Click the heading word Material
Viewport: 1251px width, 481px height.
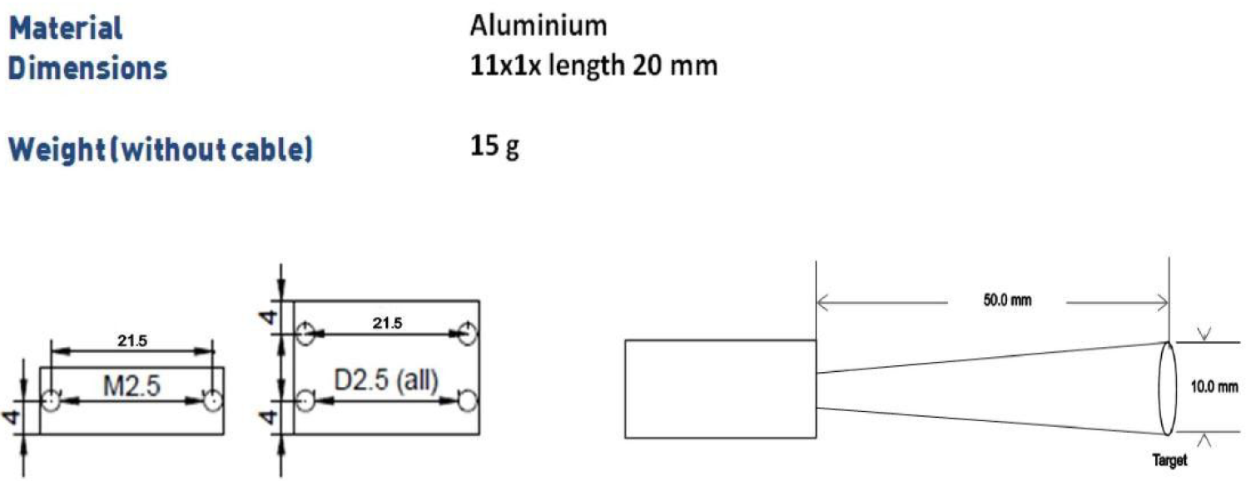[x=66, y=28]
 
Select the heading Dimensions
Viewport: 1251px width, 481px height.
[x=87, y=68]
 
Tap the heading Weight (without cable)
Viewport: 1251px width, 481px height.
[x=161, y=151]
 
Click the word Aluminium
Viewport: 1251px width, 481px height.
[x=538, y=26]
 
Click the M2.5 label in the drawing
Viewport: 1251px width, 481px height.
[x=132, y=386]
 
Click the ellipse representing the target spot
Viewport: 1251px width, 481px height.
[x=1167, y=388]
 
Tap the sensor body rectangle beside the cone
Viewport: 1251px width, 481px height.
[x=720, y=388]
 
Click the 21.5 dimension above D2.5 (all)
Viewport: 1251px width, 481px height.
[x=386, y=323]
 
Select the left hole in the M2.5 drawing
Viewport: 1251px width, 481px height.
[x=52, y=401]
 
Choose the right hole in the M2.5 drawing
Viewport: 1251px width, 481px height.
[x=214, y=401]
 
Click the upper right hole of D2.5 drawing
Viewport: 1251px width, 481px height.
[x=469, y=333]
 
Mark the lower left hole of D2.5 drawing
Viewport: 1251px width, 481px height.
[x=306, y=401]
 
